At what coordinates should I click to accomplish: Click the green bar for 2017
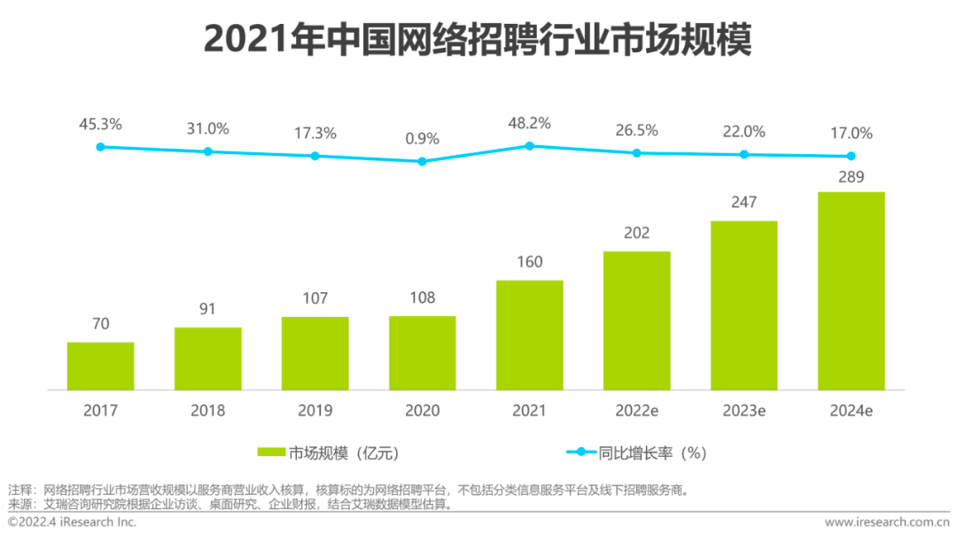[x=101, y=366]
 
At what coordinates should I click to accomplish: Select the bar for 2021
[x=529, y=335]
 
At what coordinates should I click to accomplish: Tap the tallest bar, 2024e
[x=851, y=290]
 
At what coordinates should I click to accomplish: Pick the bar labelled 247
[x=743, y=305]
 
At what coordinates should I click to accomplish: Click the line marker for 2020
[x=422, y=161]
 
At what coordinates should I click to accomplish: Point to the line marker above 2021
[x=529, y=145]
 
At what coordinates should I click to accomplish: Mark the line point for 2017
[x=101, y=147]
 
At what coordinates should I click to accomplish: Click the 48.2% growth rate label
[x=529, y=123]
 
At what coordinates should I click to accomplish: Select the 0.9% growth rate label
[x=422, y=139]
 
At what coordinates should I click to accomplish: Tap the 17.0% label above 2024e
[x=851, y=134]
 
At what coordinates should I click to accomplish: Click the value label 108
[x=422, y=298]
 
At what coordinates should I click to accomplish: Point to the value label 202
[x=636, y=233]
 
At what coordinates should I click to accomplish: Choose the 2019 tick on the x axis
[x=315, y=411]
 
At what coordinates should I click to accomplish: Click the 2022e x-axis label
[x=636, y=411]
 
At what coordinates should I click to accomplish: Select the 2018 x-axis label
[x=207, y=411]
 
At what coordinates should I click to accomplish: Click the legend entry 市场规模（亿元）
[x=342, y=453]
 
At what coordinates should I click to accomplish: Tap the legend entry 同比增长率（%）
[x=650, y=453]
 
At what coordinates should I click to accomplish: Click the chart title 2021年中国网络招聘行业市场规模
[x=478, y=40]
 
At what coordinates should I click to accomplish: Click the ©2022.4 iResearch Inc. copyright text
[x=73, y=523]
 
